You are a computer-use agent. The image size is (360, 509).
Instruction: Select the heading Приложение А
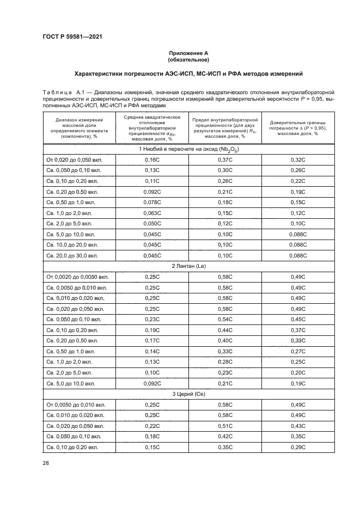click(x=188, y=53)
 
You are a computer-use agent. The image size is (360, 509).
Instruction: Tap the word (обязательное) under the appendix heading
click(x=188, y=59)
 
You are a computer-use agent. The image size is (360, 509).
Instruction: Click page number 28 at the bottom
click(x=46, y=463)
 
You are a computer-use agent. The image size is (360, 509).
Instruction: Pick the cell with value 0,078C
click(x=152, y=203)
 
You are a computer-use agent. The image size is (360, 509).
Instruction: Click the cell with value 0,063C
click(x=152, y=213)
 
